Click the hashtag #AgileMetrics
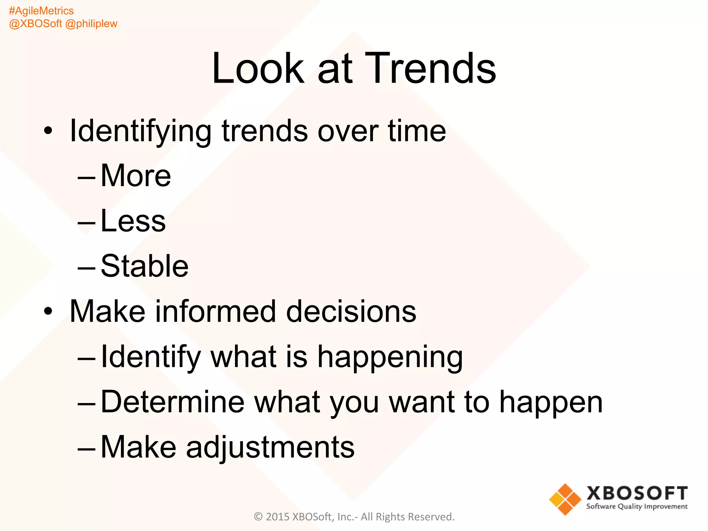click(x=41, y=11)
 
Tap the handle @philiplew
click(x=91, y=24)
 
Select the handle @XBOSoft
click(x=35, y=24)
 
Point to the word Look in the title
click(x=258, y=68)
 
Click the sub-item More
click(x=136, y=176)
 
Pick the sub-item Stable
click(x=145, y=266)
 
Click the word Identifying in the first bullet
click(x=140, y=131)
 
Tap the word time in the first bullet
click(x=417, y=131)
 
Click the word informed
click(x=216, y=311)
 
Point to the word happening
click(x=390, y=357)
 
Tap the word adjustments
click(x=270, y=447)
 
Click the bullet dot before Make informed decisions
click(x=48, y=311)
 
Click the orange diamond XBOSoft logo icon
click(x=565, y=499)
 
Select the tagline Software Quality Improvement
click(x=637, y=506)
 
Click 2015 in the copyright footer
click(x=278, y=516)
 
